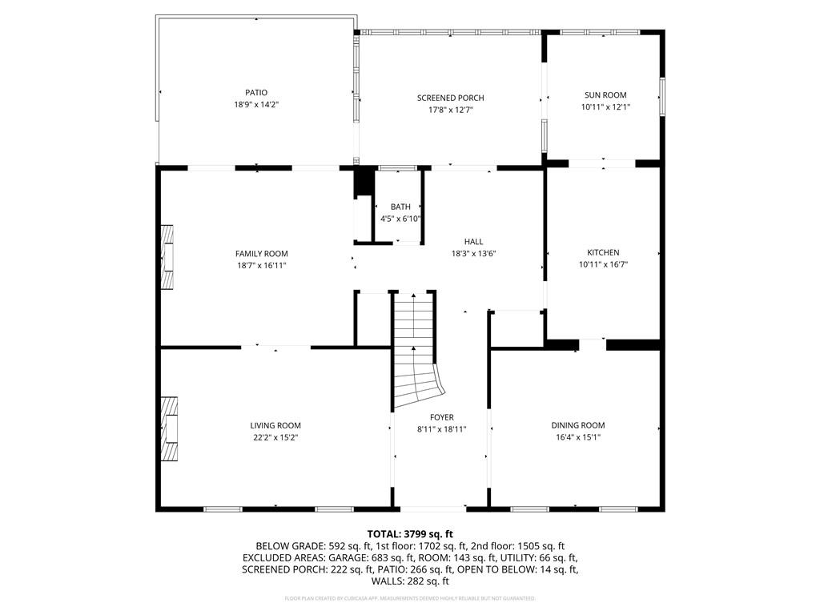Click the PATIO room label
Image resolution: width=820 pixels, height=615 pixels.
coord(256,92)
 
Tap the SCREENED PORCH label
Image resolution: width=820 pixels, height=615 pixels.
coord(450,98)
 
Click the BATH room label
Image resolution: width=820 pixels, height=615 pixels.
coord(400,207)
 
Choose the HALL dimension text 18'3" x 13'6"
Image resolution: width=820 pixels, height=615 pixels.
coord(473,253)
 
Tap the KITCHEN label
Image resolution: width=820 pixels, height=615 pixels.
coord(603,252)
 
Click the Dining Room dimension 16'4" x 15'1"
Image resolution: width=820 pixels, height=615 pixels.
coord(577,437)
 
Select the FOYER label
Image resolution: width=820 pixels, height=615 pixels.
coord(441,417)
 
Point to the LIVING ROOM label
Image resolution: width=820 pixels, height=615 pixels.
coord(275,425)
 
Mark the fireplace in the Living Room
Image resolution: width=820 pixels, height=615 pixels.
coord(168,428)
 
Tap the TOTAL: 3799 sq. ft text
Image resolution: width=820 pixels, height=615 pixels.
coord(410,534)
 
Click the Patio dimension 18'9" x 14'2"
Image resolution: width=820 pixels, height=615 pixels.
coord(256,104)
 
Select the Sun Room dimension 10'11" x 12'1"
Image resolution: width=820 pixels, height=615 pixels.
coord(605,107)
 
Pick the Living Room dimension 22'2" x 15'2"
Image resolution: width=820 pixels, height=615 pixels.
coord(275,437)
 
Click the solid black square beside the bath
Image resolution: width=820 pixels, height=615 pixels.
coord(364,182)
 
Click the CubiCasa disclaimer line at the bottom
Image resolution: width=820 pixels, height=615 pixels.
coord(410,598)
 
